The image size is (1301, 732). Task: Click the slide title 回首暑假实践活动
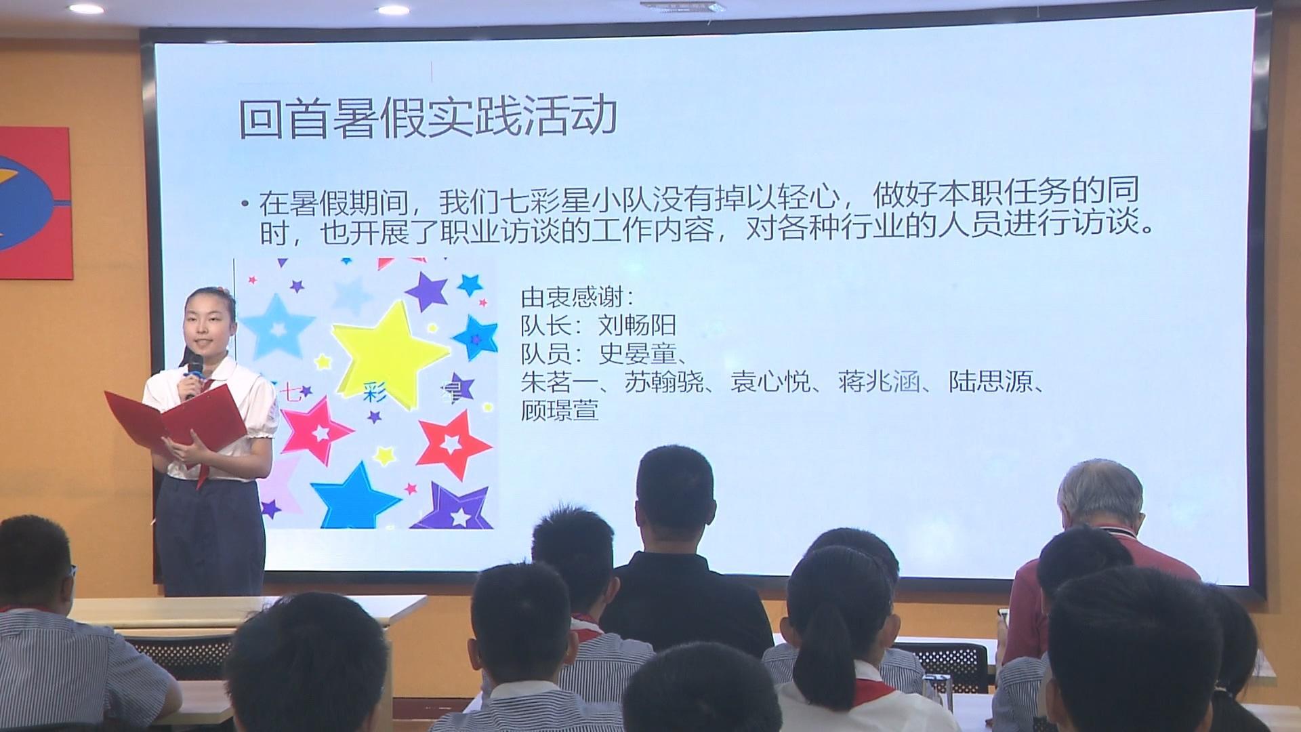(x=428, y=117)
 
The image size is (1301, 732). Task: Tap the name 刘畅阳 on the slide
(x=638, y=326)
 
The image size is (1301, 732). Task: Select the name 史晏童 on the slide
(x=638, y=354)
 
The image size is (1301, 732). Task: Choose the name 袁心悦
(x=770, y=382)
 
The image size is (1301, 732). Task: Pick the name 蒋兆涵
(x=879, y=382)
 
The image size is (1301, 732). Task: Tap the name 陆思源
(x=987, y=382)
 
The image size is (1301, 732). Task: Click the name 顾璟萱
(x=560, y=411)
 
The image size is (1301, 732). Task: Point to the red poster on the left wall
(x=35, y=203)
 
